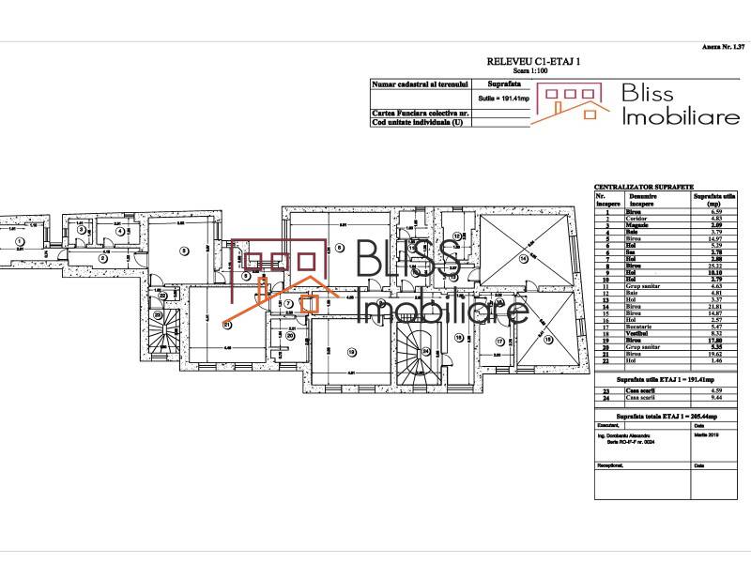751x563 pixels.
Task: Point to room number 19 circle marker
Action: [x=352, y=353]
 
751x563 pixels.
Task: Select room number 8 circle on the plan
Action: [x=246, y=276]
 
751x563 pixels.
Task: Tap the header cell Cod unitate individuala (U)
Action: [x=419, y=122]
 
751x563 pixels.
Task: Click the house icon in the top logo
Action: [x=569, y=101]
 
